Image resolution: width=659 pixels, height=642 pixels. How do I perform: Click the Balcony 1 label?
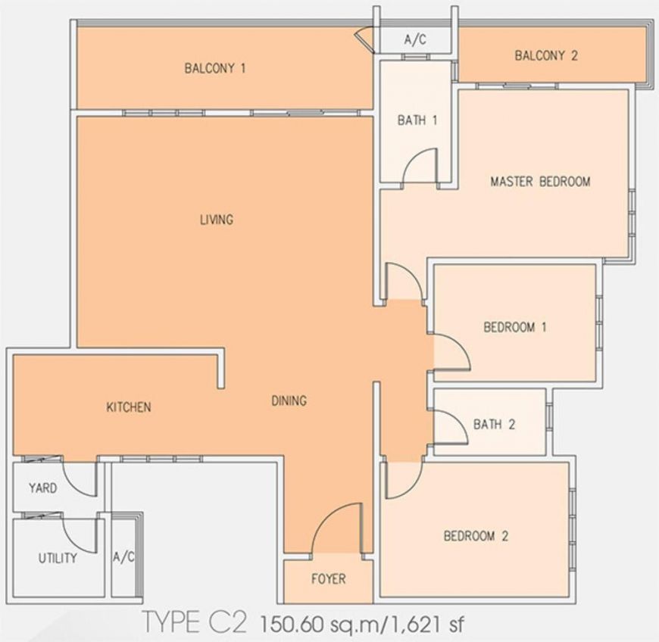[x=215, y=68]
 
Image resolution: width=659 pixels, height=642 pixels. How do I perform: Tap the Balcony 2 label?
[x=546, y=55]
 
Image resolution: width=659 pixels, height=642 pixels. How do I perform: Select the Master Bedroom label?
[x=540, y=182]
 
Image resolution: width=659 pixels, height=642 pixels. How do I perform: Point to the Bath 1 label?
[x=417, y=120]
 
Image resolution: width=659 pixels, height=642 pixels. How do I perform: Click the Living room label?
[x=217, y=220]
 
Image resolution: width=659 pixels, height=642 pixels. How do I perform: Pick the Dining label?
[x=289, y=400]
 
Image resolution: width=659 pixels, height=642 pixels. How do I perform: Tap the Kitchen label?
[x=128, y=407]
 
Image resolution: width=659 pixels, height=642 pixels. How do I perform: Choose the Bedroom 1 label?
[x=515, y=327]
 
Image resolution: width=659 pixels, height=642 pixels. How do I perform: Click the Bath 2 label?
[x=494, y=425]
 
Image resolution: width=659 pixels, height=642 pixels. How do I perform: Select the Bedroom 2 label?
[x=476, y=536]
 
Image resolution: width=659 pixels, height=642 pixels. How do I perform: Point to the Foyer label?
[x=328, y=579]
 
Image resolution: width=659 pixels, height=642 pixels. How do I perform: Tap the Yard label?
[x=42, y=488]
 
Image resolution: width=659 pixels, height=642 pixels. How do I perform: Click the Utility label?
[x=58, y=558]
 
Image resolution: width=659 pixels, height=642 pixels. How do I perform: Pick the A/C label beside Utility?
[x=123, y=557]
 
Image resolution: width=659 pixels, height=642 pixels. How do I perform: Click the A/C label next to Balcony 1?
[x=415, y=40]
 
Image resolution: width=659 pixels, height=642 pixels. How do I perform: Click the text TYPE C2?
[x=194, y=622]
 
